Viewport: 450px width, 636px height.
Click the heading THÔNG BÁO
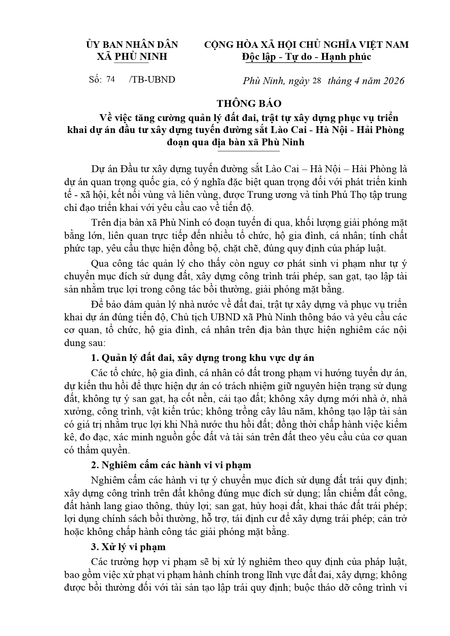pyautogui.click(x=249, y=104)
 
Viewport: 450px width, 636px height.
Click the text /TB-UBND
pyautogui.click(x=152, y=80)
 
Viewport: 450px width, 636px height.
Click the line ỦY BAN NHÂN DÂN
pyautogui.click(x=132, y=45)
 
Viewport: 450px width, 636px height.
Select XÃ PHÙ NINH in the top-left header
pyautogui.click(x=132, y=57)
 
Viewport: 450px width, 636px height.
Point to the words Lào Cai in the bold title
pyautogui.click(x=286, y=130)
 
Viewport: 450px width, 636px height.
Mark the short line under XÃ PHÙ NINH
pyautogui.click(x=131, y=63)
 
